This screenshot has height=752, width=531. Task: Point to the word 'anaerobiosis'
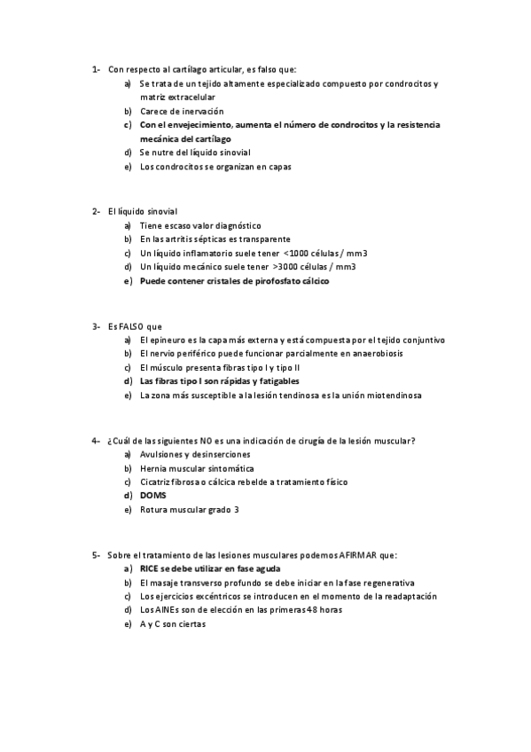[353, 354]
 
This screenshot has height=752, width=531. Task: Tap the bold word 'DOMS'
[153, 495]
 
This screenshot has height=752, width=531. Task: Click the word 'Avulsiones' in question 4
[160, 454]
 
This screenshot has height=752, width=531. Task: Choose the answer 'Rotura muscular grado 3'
[190, 509]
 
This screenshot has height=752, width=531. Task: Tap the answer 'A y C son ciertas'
[173, 623]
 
